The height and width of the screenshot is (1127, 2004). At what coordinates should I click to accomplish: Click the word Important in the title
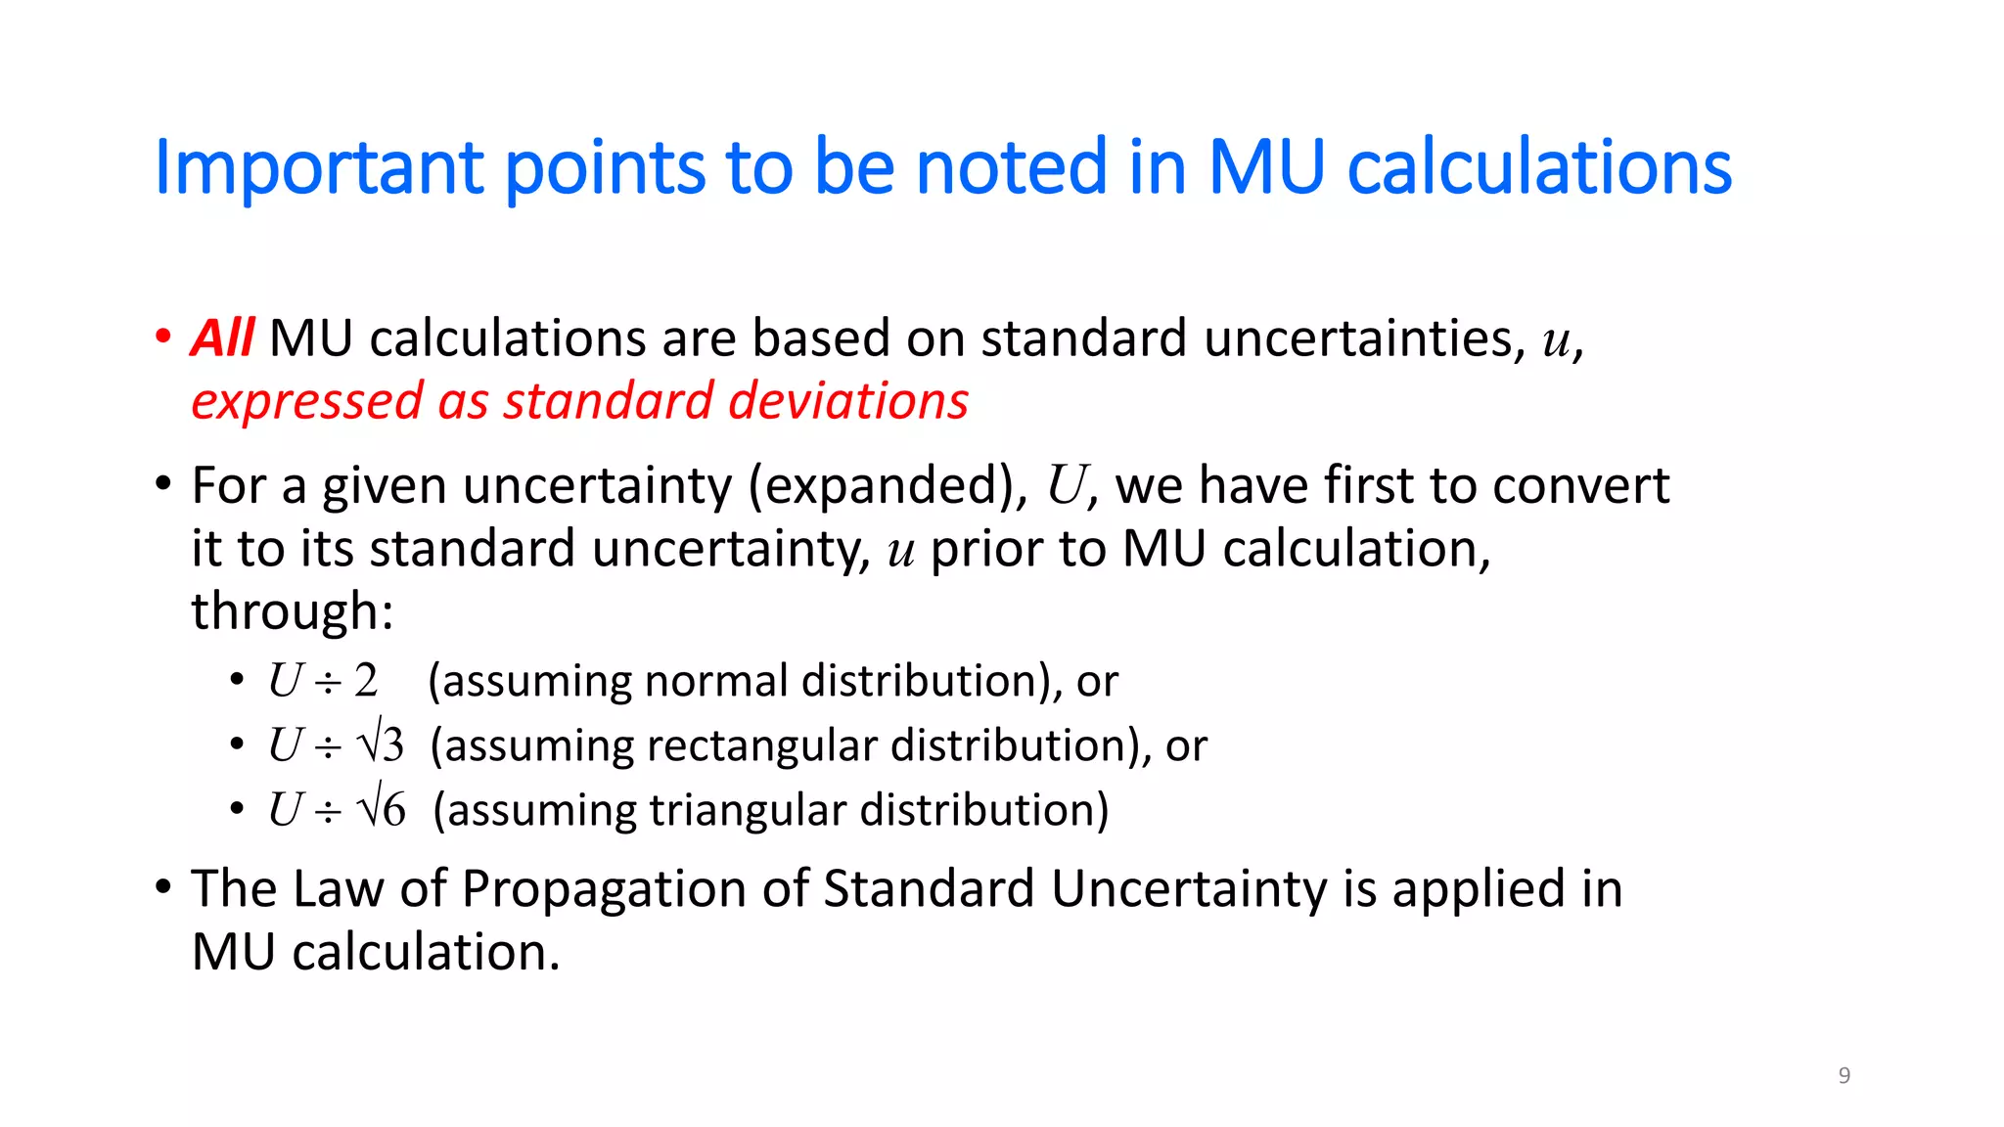pyautogui.click(x=319, y=168)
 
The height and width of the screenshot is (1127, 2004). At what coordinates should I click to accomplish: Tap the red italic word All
pyautogui.click(x=223, y=338)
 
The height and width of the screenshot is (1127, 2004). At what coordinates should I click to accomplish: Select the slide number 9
pyautogui.click(x=1845, y=1075)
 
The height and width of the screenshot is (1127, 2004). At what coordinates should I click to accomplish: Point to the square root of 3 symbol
pyautogui.click(x=382, y=744)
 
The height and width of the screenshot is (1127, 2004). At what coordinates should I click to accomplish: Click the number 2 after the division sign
pyautogui.click(x=366, y=681)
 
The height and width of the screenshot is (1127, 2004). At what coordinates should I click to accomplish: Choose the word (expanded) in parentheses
pyautogui.click(x=888, y=486)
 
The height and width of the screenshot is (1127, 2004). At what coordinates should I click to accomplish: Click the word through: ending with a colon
pyautogui.click(x=292, y=611)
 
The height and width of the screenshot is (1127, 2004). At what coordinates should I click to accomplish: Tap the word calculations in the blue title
pyautogui.click(x=1539, y=168)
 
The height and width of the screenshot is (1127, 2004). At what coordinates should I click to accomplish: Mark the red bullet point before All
pyautogui.click(x=163, y=337)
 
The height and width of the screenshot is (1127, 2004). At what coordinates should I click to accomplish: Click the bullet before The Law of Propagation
pyautogui.click(x=163, y=887)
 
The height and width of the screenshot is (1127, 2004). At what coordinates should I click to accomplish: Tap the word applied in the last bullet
pyautogui.click(x=1477, y=889)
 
